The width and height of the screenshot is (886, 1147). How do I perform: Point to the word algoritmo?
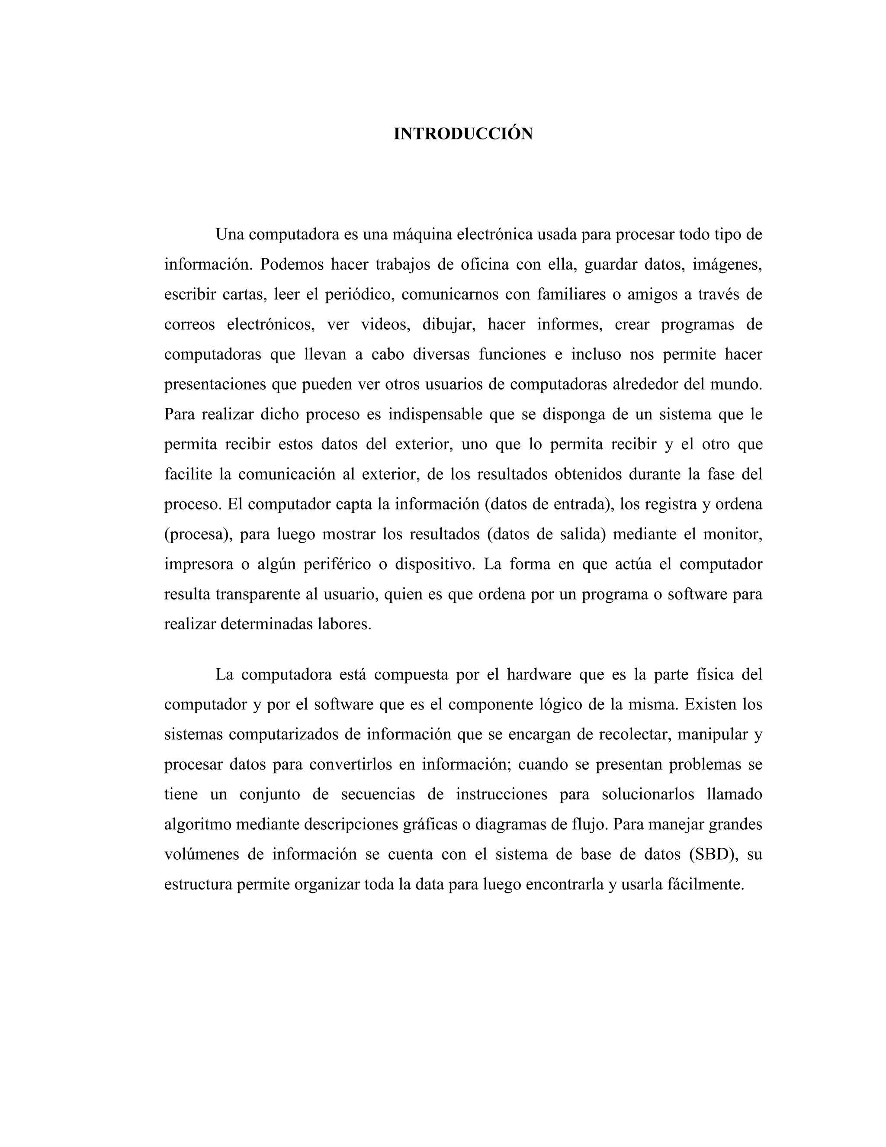(198, 824)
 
